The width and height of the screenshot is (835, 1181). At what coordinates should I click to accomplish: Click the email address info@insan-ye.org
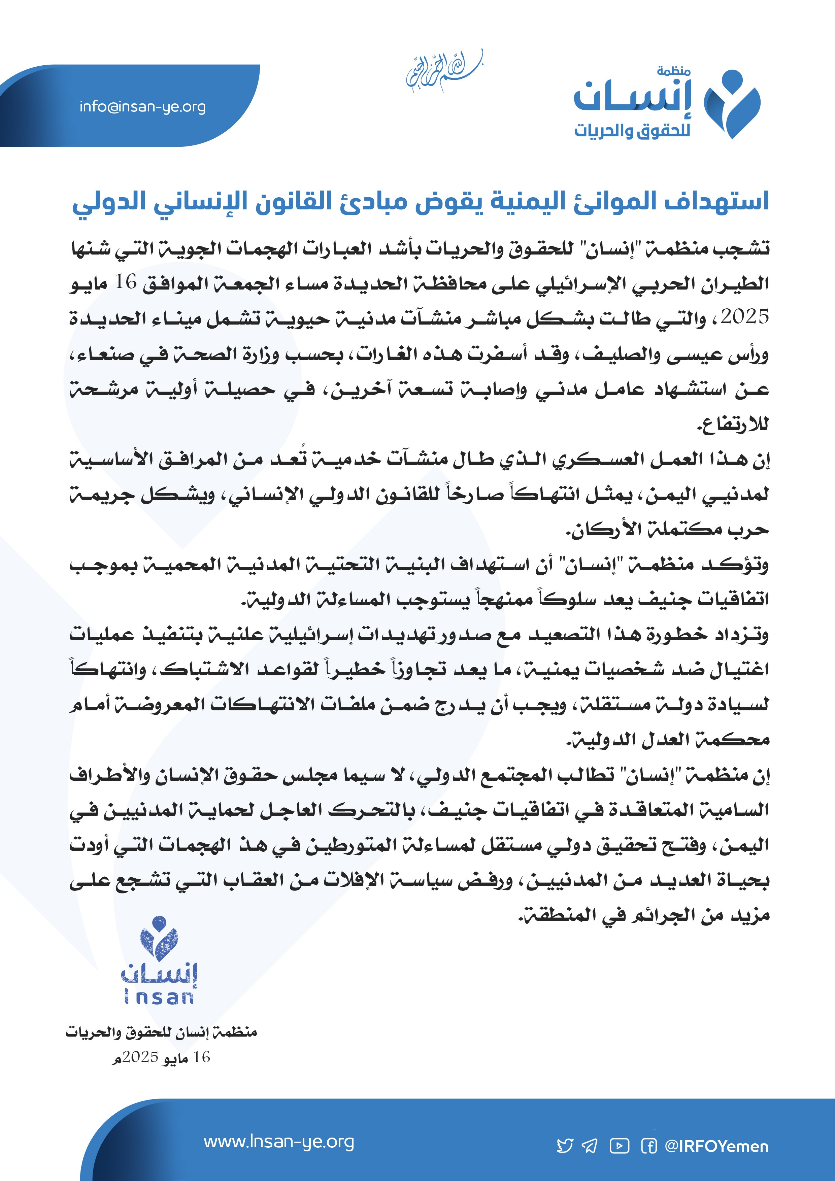(x=142, y=107)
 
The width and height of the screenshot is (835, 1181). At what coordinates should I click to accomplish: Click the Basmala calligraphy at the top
(x=444, y=72)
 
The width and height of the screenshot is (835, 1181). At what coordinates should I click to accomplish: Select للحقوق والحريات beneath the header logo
(x=632, y=131)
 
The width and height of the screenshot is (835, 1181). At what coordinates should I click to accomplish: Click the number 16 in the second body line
(x=126, y=282)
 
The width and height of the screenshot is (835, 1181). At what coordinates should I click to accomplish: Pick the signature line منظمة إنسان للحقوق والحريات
(x=161, y=1032)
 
